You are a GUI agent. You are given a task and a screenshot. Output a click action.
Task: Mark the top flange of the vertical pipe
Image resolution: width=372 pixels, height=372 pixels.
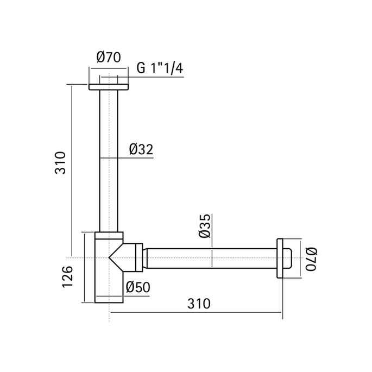[x=109, y=86]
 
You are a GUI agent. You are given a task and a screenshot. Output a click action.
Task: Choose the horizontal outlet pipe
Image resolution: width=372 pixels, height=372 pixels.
[x=212, y=258]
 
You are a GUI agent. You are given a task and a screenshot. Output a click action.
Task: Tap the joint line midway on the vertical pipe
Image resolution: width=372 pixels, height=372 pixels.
[x=109, y=157]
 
